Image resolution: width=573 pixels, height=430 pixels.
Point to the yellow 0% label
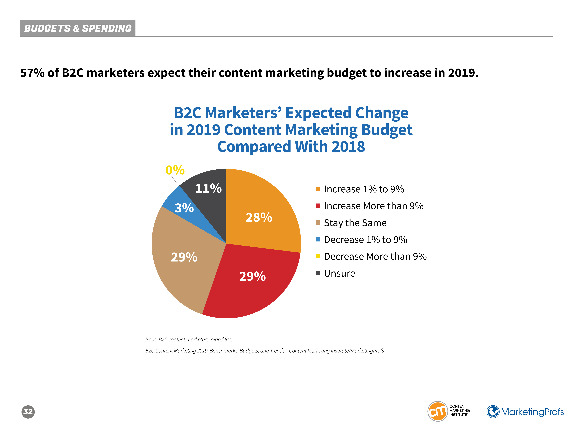coord(175,170)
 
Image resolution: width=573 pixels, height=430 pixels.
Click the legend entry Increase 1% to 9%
coord(364,189)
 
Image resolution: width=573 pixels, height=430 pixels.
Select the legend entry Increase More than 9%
coord(373,206)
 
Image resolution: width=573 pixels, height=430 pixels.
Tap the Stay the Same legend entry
coord(355,223)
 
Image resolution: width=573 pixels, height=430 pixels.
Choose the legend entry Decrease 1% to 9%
coord(365,240)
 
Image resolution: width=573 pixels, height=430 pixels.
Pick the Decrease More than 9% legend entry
coord(375,257)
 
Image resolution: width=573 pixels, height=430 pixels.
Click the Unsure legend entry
coord(339,273)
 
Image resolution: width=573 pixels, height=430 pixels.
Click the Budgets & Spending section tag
coord(78,28)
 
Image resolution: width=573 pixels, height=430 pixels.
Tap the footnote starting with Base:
coord(189,340)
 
